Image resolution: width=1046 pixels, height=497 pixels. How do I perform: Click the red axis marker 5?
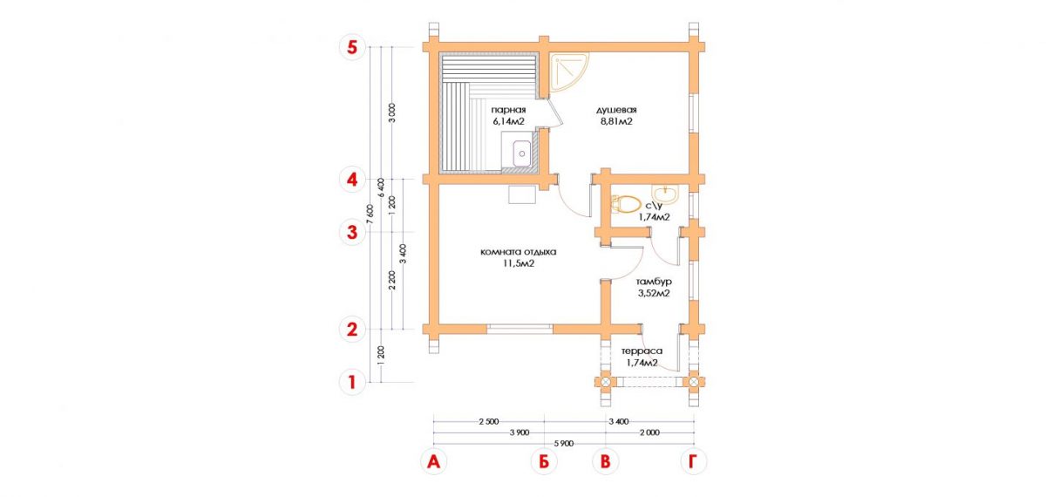[351, 48]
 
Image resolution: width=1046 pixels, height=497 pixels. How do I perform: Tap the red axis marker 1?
[351, 383]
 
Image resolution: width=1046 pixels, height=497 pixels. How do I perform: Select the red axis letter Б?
[544, 462]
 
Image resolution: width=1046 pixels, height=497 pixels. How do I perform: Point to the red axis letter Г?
[694, 462]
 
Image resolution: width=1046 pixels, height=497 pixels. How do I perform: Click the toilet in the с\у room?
[625, 205]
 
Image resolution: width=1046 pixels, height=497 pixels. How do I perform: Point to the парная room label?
[508, 110]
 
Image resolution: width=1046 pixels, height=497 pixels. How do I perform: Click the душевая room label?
[616, 110]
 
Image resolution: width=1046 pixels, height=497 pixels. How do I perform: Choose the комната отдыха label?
[519, 252]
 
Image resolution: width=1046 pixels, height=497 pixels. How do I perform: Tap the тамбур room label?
[654, 283]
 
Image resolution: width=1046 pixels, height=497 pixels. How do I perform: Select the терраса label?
[642, 351]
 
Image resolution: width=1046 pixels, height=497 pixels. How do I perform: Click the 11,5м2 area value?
[519, 264]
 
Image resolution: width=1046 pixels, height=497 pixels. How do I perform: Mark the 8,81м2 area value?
[616, 122]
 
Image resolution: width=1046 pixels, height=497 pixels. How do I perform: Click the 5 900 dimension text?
[564, 444]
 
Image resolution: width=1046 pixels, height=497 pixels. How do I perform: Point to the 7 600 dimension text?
[370, 214]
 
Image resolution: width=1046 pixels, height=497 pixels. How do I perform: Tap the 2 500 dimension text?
[489, 422]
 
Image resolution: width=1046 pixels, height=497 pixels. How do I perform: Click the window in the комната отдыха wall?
[520, 330]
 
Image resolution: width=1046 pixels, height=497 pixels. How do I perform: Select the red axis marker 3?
[351, 233]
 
